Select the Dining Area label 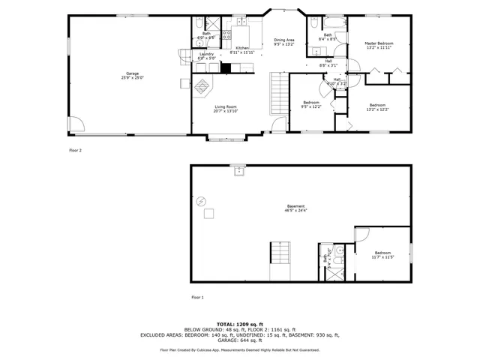tap(283, 42)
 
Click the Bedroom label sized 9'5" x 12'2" tap(311, 104)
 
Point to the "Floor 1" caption tap(197, 297)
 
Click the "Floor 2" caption tap(75, 151)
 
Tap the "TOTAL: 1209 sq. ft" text tap(240, 324)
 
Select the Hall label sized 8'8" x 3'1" tap(328, 63)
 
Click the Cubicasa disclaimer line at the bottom tap(240, 349)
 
